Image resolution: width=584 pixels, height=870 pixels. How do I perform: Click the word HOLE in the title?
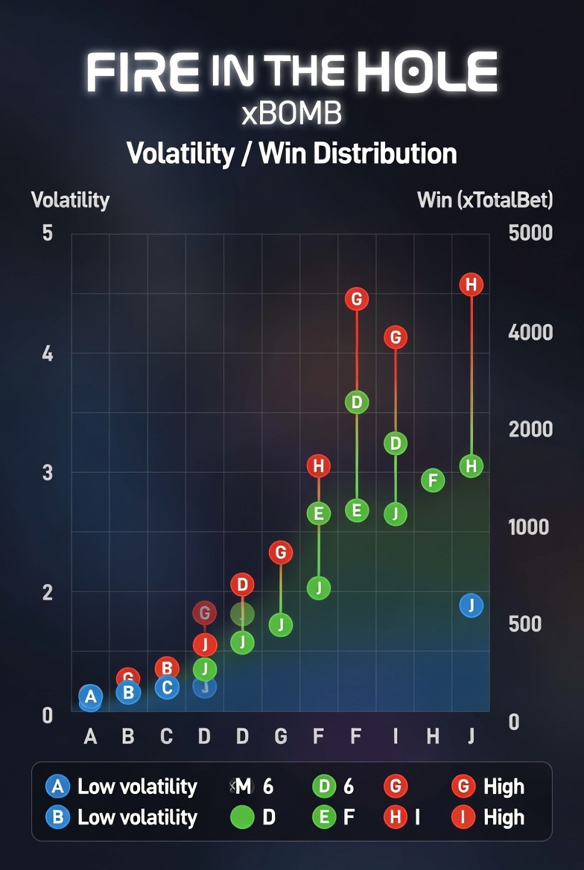[x=426, y=72]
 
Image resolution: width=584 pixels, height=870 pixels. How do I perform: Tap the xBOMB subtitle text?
[x=291, y=113]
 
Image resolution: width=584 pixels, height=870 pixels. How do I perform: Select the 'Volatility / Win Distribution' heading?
[x=291, y=153]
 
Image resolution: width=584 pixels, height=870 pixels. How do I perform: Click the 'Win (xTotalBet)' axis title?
[x=485, y=200]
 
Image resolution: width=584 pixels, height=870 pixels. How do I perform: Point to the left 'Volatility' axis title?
[x=70, y=200]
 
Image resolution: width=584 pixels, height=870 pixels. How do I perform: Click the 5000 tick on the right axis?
[x=530, y=233]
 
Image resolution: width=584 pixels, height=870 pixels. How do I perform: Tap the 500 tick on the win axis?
[x=524, y=623]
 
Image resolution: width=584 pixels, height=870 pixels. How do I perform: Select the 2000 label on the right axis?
[x=530, y=429]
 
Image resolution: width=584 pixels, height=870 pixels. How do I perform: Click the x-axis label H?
[x=433, y=737]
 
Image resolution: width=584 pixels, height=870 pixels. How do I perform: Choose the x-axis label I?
[x=395, y=737]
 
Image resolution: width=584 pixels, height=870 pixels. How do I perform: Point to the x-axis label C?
[x=166, y=737]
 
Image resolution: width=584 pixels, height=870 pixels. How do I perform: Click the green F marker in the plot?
[x=433, y=480]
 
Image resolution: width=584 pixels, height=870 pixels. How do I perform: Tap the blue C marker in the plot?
[x=167, y=687]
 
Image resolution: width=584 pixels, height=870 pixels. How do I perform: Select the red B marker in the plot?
[x=167, y=668]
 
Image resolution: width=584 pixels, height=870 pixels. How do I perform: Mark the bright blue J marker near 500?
[x=471, y=605]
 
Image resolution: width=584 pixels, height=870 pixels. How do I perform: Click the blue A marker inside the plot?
[x=91, y=697]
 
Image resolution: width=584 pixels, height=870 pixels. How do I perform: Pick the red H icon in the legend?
[x=395, y=817]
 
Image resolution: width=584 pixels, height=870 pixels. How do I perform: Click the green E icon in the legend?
[x=324, y=817]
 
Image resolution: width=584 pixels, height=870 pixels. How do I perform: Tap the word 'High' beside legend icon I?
[x=504, y=817]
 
